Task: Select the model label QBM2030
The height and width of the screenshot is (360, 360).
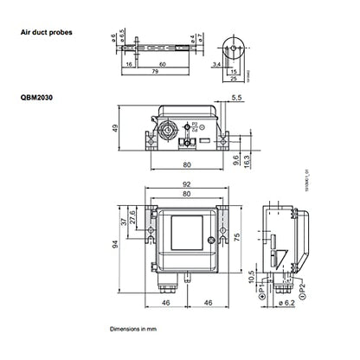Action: coord(39,100)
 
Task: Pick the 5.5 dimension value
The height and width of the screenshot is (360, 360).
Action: coord(237,99)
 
